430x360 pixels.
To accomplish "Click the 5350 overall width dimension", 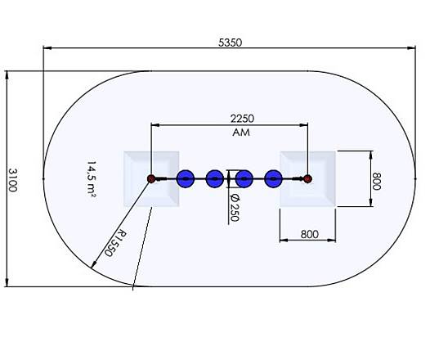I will tap(231, 41).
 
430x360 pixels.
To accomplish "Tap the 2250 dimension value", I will tap(241, 118).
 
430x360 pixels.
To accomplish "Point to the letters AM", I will tap(241, 132).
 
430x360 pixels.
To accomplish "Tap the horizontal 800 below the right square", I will tap(309, 234).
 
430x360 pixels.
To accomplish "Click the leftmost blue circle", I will tap(186, 178).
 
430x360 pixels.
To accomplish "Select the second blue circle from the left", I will tap(215, 178).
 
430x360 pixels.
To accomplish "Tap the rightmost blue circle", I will tap(274, 178).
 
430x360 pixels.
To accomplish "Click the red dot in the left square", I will tap(150, 178).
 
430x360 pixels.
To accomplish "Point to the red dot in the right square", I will tap(308, 178).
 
